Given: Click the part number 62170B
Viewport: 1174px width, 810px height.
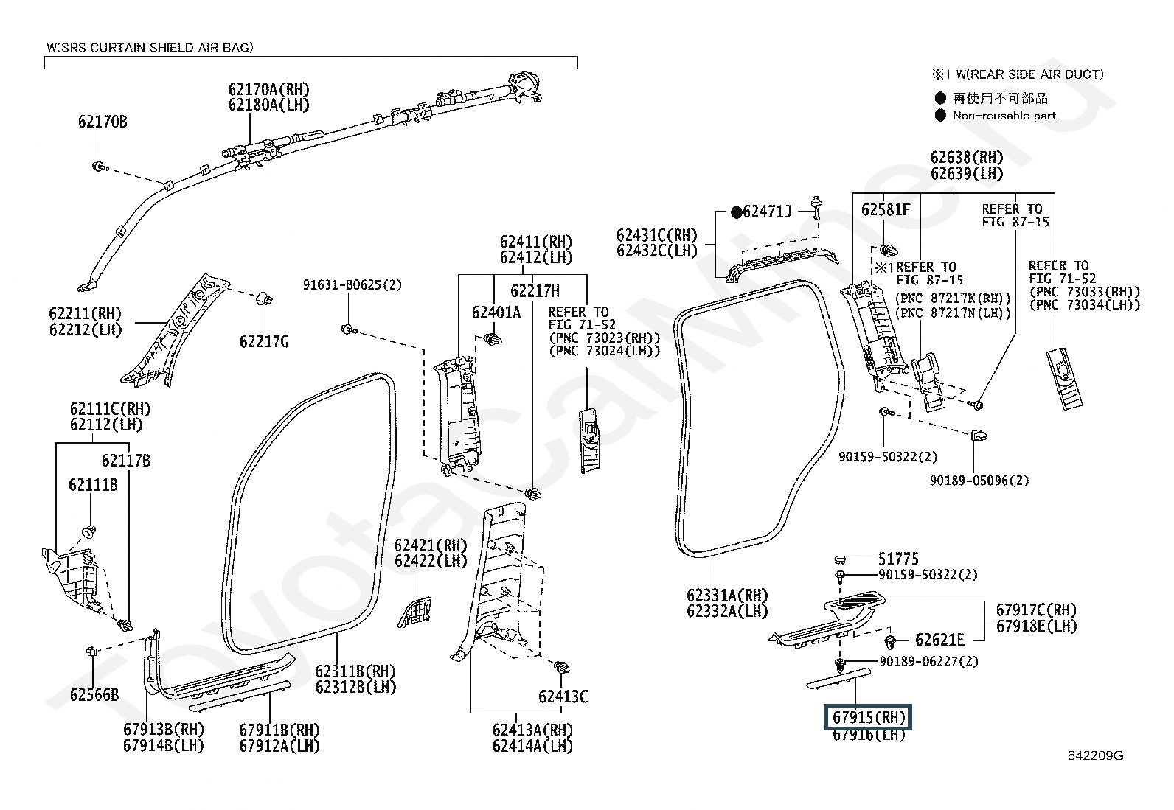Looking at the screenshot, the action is click(x=103, y=122).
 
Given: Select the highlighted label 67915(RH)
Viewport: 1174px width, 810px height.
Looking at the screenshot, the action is click(x=869, y=717).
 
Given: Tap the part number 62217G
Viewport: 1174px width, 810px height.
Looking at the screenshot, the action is click(x=264, y=341).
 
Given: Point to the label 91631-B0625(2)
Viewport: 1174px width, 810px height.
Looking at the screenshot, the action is click(x=352, y=285).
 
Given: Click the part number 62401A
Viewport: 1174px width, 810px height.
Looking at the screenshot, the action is click(x=496, y=313).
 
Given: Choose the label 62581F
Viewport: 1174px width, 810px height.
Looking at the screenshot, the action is click(x=886, y=209).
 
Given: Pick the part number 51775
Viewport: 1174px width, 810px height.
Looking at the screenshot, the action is click(x=898, y=559).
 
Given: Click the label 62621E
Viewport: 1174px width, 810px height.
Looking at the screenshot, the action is click(x=939, y=640).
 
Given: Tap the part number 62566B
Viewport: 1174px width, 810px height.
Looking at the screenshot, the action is click(x=94, y=695).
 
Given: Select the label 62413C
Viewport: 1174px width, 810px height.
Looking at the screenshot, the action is click(x=563, y=696).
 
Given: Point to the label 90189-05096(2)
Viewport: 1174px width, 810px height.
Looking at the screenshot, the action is click(x=979, y=481).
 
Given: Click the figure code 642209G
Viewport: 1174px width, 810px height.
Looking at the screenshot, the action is click(x=1095, y=755).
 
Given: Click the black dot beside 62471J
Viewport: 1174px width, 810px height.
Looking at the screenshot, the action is click(x=737, y=212).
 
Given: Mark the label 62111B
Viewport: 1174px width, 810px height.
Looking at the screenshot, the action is click(x=94, y=485).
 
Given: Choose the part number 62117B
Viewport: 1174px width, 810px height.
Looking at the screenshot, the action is click(x=126, y=461).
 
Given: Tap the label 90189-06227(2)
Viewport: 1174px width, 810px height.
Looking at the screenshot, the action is click(x=928, y=661).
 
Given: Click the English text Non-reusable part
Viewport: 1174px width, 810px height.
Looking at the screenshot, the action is click(x=1004, y=116).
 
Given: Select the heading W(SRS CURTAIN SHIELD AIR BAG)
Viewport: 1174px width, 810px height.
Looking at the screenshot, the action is click(x=150, y=48).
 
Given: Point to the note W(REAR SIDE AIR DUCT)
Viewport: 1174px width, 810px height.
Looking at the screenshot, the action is click(x=1030, y=74).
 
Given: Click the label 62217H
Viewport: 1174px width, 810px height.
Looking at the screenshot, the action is click(x=535, y=291).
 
